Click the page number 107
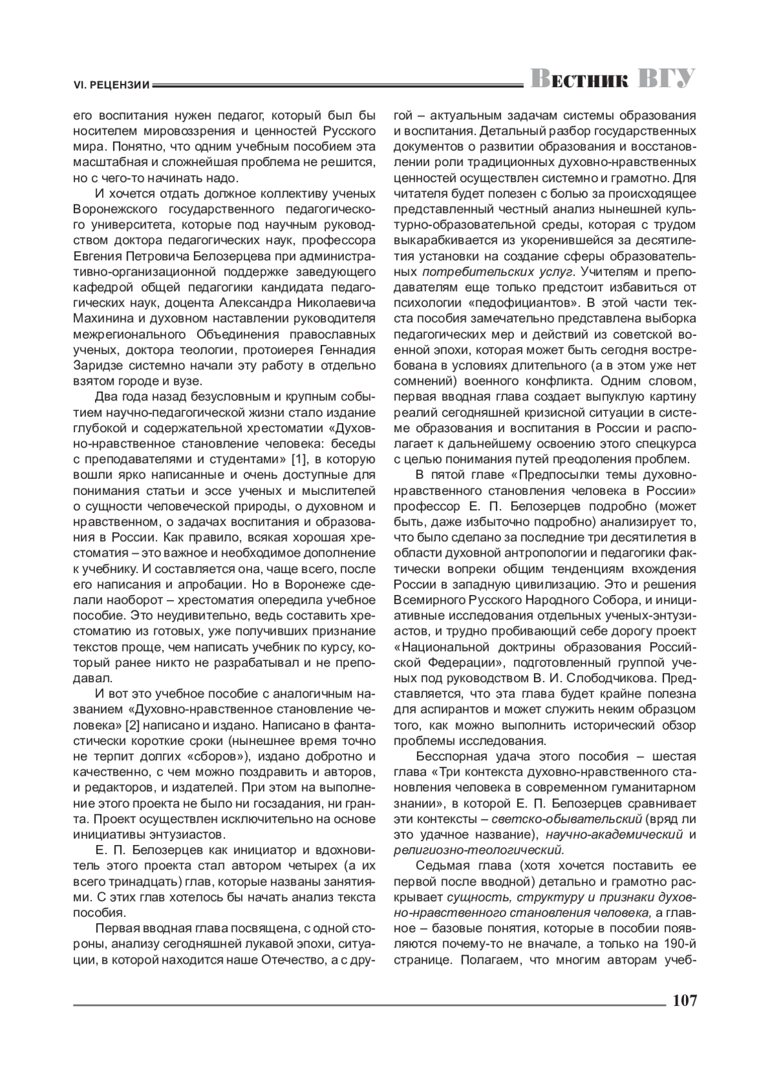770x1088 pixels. [x=683, y=1001]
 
